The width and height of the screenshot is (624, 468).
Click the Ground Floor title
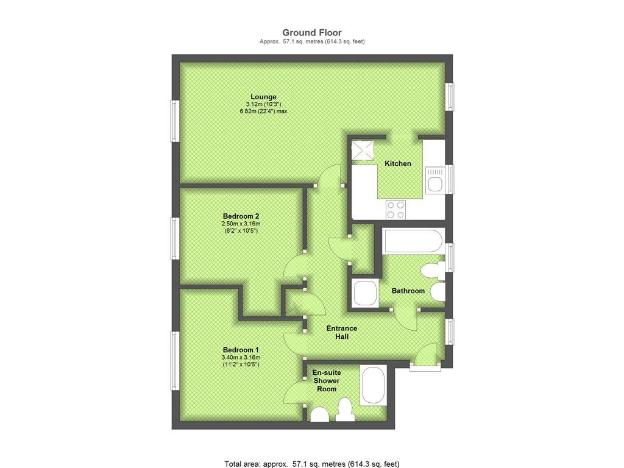click(x=312, y=33)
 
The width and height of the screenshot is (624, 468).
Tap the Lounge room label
click(x=263, y=97)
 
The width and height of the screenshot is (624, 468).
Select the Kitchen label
click(x=398, y=163)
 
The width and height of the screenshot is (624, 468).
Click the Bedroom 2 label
click(x=241, y=216)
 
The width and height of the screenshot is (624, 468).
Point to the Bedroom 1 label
click(x=241, y=350)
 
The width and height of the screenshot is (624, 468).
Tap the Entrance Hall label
click(x=342, y=332)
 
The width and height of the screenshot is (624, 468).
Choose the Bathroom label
click(x=408, y=291)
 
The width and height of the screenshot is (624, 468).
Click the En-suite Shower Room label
click(x=327, y=381)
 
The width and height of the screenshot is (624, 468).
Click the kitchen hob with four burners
click(x=395, y=210)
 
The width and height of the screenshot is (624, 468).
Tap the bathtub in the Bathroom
click(x=413, y=241)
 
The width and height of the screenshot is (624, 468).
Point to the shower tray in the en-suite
click(x=372, y=386)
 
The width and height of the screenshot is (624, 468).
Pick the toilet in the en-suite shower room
click(x=345, y=410)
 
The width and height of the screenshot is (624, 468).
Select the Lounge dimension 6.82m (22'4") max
click(x=263, y=112)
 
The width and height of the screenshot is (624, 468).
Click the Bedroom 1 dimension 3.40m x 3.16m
click(x=241, y=357)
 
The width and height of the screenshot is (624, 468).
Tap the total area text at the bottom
click(x=312, y=464)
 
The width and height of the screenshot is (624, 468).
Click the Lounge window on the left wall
click(x=175, y=121)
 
